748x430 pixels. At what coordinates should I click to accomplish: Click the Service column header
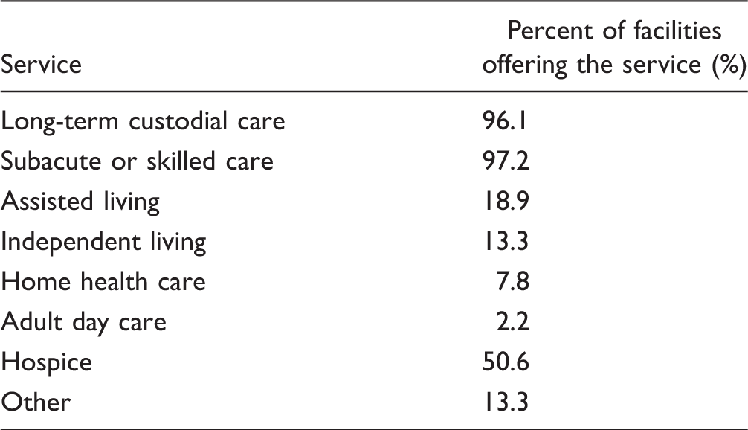tap(41, 65)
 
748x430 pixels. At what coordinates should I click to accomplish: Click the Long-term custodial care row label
tap(143, 121)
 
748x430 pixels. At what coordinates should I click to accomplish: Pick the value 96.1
tap(505, 121)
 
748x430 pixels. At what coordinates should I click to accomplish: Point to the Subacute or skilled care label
tap(137, 161)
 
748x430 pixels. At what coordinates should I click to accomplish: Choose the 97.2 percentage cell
tap(506, 161)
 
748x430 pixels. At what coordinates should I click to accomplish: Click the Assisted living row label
tap(80, 202)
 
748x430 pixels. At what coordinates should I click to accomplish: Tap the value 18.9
tap(506, 201)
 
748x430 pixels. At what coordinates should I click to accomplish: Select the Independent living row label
tap(103, 242)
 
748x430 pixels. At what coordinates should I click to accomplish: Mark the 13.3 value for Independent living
tap(506, 241)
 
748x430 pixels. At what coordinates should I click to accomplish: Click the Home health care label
tap(103, 281)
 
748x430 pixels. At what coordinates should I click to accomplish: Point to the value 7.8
tap(513, 281)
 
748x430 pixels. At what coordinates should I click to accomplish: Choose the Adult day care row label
tap(83, 322)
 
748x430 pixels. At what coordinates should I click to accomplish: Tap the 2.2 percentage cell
tap(513, 321)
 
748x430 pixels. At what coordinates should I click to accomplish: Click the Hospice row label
tap(46, 362)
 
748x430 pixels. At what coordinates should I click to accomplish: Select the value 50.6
tap(506, 362)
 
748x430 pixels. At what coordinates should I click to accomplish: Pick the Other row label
tap(36, 402)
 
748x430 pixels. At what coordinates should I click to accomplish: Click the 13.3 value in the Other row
tap(506, 402)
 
